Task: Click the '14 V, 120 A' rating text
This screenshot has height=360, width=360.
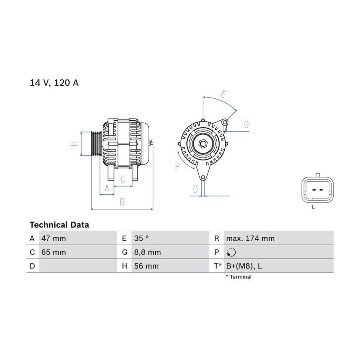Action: pos(54,83)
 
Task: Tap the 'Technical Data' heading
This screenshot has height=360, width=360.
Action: pos(59,225)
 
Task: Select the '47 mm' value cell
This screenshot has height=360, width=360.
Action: pos(54,238)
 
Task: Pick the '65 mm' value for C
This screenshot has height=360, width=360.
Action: pos(54,252)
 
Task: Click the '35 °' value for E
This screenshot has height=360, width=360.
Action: pos(142,238)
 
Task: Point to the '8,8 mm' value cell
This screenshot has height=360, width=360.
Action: pos(147,252)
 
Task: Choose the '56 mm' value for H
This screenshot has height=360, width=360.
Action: pos(146,266)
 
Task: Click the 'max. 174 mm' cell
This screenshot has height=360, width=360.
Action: pos(250,238)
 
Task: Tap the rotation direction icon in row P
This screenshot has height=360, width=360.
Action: pos(231,252)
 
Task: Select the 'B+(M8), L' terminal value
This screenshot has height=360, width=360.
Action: pos(244,266)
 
